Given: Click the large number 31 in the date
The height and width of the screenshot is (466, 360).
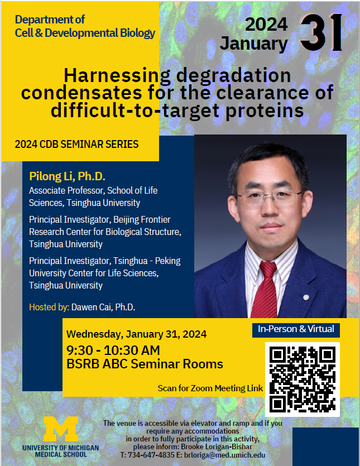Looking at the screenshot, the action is tap(321, 32).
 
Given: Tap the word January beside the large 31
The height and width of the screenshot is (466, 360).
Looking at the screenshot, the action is tap(253, 44).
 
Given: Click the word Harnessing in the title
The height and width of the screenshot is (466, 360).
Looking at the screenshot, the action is tap(117, 76).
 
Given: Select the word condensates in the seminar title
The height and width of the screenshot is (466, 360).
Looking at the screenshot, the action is tap(81, 93).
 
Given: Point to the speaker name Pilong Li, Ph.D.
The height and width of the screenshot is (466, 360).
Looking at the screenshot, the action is tap(67, 176).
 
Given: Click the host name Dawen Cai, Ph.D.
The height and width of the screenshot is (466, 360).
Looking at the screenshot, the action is tap(103, 307).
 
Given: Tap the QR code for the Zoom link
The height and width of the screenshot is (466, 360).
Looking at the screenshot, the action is tap(303, 379).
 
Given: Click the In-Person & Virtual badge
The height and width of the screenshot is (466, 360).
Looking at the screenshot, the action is tap(296, 329).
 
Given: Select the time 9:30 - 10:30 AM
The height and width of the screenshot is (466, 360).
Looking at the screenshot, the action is tap(113, 350).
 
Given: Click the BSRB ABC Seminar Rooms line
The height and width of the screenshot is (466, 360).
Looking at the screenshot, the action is tap(145, 364).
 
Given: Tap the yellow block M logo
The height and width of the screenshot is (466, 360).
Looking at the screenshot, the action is tap(61, 429).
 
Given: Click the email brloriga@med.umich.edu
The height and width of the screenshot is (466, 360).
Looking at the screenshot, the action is tap(224, 455).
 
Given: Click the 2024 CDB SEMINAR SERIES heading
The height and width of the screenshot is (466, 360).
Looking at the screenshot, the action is tap(76, 144).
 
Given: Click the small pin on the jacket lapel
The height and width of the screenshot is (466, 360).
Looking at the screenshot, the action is tap(306, 297).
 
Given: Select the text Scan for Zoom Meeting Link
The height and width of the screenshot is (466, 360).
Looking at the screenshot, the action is tap(210, 388).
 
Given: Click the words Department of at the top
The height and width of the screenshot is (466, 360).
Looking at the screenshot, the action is tap(50, 20).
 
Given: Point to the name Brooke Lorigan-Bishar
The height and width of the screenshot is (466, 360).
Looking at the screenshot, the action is tap(217, 447).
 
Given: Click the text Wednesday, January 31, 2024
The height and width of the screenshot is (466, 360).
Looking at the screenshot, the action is tap(136, 334).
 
